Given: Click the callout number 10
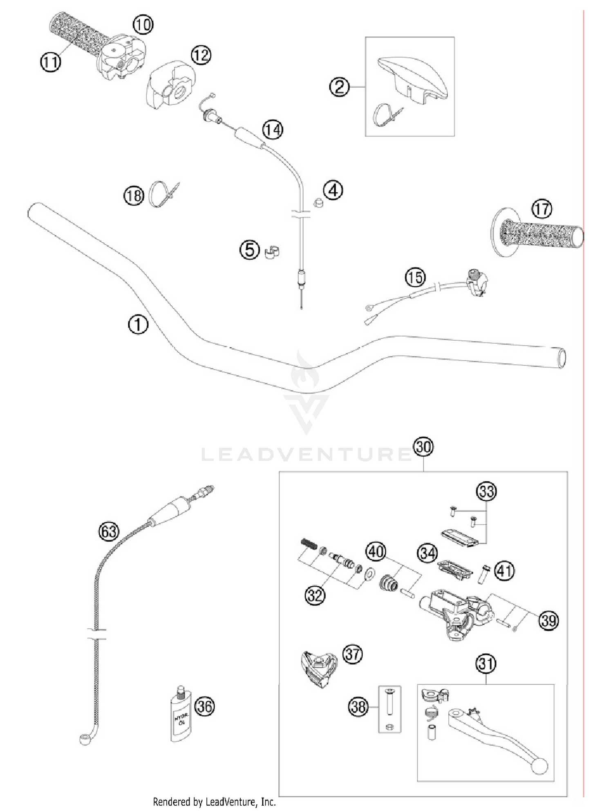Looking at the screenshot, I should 143,25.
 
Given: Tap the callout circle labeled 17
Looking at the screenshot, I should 541,209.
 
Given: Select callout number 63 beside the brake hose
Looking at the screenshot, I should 109,532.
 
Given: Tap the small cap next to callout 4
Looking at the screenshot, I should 318,202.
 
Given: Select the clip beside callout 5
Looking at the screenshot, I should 272,252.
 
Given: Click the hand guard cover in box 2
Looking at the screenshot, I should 413,78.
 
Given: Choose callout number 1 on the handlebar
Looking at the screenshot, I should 138,325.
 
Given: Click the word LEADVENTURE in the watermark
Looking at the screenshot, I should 306,454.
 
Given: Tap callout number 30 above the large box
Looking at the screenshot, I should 423,447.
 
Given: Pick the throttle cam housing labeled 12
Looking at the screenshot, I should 171,85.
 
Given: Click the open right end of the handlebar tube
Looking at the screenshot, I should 562,358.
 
